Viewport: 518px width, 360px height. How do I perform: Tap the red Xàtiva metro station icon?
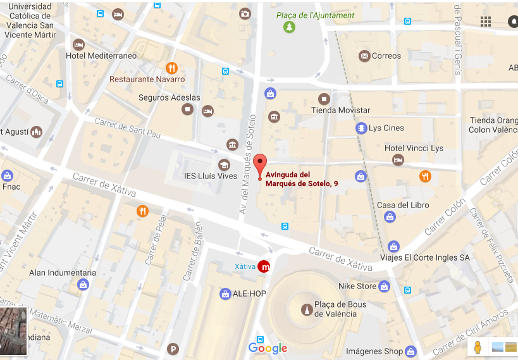[x=264, y=266]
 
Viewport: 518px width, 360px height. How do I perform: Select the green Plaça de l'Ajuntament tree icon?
[x=289, y=27]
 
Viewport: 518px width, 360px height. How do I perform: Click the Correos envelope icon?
[x=364, y=56]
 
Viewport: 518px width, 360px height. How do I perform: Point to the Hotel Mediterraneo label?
[x=101, y=56]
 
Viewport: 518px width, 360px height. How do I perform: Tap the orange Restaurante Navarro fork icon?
[x=171, y=68]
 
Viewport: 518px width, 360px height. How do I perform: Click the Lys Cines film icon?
[x=361, y=128]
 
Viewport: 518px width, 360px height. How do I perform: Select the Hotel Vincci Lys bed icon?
[x=398, y=160]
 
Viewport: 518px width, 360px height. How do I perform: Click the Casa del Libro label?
[x=403, y=205]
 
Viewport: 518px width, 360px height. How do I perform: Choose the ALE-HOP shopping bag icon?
[x=225, y=294]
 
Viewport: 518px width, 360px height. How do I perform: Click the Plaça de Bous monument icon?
[x=306, y=309]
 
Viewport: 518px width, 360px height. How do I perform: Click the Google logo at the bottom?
[x=268, y=348]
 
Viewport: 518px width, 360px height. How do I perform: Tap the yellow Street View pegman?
[x=478, y=347]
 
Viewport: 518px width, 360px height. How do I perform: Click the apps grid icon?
[x=486, y=22]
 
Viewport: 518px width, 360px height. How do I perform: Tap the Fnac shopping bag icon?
[x=7, y=175]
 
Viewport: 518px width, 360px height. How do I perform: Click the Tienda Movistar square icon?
[x=324, y=99]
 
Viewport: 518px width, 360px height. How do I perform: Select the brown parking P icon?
[x=173, y=349]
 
